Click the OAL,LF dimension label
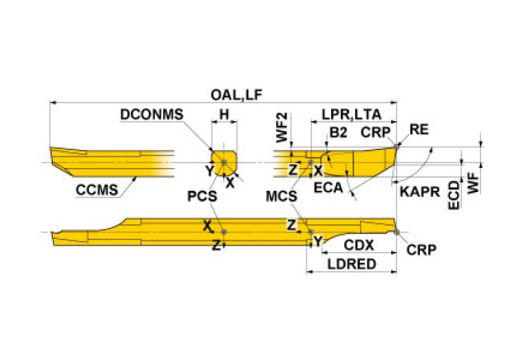236,95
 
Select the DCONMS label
151,114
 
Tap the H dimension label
224,114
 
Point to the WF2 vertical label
282,127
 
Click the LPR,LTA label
352,114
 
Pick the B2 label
338,132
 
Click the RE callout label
419,129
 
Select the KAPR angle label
419,192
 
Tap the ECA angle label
328,188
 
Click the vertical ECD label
454,195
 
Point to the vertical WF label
474,183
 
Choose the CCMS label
97,190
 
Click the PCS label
202,196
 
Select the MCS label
282,196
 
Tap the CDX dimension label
359,245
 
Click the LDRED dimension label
352,264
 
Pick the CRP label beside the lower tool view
421,250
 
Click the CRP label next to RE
375,132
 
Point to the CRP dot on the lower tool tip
397,232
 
